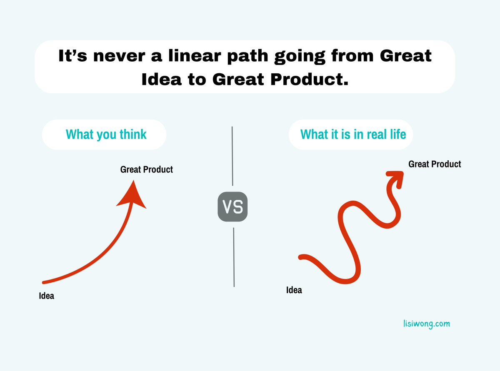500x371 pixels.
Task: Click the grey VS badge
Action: point(232,207)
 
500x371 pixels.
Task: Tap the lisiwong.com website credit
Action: point(427,324)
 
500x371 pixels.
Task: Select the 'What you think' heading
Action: point(106,134)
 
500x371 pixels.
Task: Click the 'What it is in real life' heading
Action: point(353,134)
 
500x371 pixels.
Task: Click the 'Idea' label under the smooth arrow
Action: point(46,296)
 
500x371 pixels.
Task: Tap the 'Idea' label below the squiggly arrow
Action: point(294,290)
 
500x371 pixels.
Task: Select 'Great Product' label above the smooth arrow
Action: point(146,169)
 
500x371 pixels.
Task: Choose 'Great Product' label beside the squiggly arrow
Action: point(435,164)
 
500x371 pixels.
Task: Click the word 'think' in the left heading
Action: point(133,134)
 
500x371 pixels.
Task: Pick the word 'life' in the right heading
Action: point(397,134)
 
